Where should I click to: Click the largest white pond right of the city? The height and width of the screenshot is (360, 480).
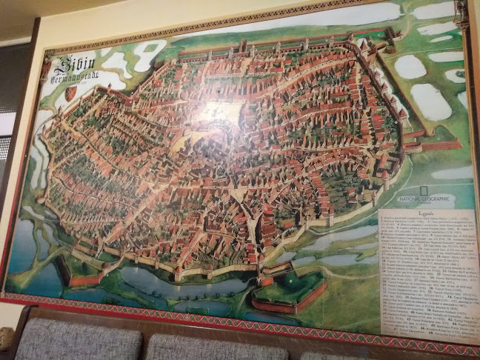tap(430, 101)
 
